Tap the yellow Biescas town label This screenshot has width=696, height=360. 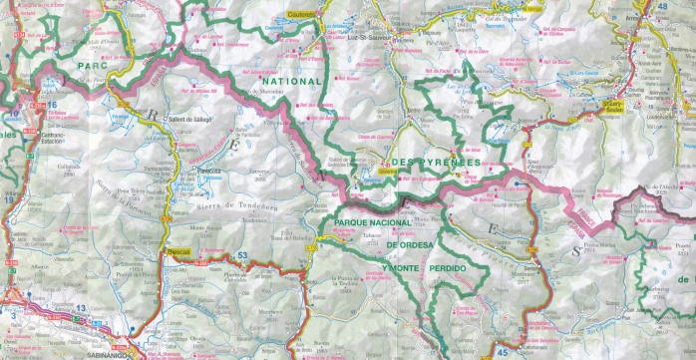(x=179, y=252)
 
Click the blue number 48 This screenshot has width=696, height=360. (x=689, y=7)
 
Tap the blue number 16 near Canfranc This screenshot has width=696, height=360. (x=51, y=104)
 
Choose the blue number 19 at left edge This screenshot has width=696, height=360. (x=7, y=199)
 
